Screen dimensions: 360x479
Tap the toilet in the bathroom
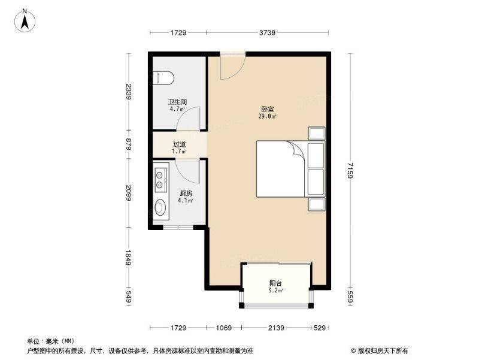point(163,77)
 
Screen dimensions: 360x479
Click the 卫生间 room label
point(177,102)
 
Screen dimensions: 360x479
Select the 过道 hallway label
point(180,144)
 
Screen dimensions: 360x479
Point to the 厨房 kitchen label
point(186,193)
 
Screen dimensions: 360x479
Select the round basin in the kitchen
point(160,208)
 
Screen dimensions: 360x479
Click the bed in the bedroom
point(282,168)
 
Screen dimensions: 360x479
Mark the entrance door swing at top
point(232,66)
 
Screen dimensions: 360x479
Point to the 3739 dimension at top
point(268,32)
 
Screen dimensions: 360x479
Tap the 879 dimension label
point(128,144)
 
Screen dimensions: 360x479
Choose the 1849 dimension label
point(128,258)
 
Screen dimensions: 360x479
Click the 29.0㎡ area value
point(268,116)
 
